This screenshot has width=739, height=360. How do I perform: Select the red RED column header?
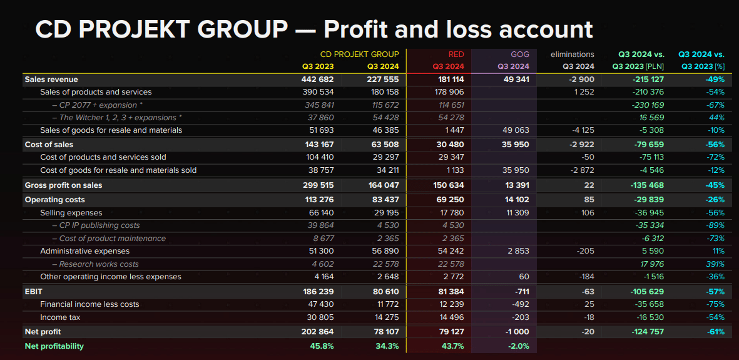(x=456, y=54)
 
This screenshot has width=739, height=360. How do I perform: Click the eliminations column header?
(x=572, y=54)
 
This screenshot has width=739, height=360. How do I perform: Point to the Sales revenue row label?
(x=51, y=80)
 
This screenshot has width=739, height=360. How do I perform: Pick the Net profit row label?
(x=43, y=331)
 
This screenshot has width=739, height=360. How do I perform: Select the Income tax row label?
(x=60, y=317)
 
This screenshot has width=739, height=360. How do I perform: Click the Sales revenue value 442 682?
(x=317, y=80)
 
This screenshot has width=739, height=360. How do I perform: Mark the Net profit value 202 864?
(x=317, y=331)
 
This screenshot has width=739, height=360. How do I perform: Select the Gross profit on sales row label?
(x=63, y=185)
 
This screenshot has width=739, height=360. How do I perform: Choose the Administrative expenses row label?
(x=81, y=251)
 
